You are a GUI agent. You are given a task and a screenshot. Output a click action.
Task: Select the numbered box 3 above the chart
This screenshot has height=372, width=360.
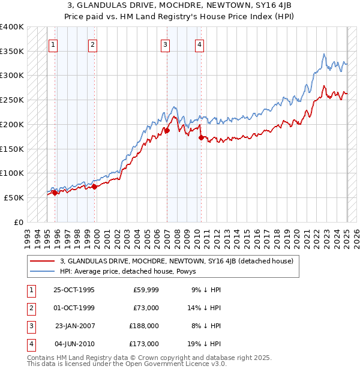[x=165, y=44]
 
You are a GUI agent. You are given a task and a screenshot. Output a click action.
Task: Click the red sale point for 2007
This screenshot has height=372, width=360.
[x=167, y=130]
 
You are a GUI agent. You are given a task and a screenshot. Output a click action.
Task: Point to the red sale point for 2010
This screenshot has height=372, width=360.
[x=201, y=137]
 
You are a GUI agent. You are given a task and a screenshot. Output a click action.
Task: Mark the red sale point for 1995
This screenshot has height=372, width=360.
[x=55, y=193]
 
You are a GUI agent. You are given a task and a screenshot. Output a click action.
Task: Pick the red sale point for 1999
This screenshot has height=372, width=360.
[x=94, y=187]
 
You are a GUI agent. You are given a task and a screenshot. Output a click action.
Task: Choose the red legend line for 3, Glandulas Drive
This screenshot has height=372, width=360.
[x=42, y=261]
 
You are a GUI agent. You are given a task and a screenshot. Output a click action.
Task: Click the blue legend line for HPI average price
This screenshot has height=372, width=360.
[x=42, y=271]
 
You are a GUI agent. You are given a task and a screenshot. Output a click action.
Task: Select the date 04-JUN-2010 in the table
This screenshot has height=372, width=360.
[x=74, y=344]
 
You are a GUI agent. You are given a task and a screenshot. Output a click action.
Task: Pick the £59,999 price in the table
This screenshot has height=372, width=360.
[x=145, y=290]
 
